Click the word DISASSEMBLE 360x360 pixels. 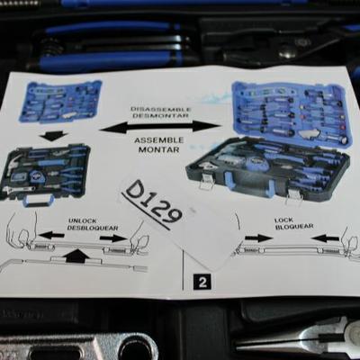160,109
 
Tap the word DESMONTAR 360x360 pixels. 160,115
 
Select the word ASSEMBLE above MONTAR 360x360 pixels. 158,140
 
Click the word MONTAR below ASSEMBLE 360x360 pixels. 158,149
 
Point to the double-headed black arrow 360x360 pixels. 160,126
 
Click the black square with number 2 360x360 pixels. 202,283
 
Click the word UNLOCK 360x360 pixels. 83,221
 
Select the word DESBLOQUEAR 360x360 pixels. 93,228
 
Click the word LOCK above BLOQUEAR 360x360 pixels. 283,220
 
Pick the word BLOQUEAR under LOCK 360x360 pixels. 294,227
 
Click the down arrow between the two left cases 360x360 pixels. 53,137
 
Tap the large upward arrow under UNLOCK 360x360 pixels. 77,255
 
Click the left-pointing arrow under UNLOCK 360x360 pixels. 51,235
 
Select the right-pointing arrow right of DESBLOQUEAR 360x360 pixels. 113,238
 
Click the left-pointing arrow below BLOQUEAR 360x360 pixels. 325,238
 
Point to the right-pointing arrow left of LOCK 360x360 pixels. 258,238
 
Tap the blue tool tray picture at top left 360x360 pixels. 60,102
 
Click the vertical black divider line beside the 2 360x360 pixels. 183,270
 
